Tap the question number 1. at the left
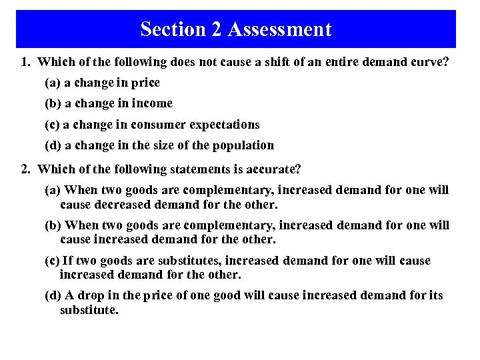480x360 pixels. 26,62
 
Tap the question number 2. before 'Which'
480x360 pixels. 26,170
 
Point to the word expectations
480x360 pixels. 225,125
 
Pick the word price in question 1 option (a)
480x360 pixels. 147,83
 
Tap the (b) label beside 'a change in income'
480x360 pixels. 53,103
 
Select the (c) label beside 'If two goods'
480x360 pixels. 52,261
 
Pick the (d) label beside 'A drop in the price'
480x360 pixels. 53,295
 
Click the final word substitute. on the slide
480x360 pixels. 89,309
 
